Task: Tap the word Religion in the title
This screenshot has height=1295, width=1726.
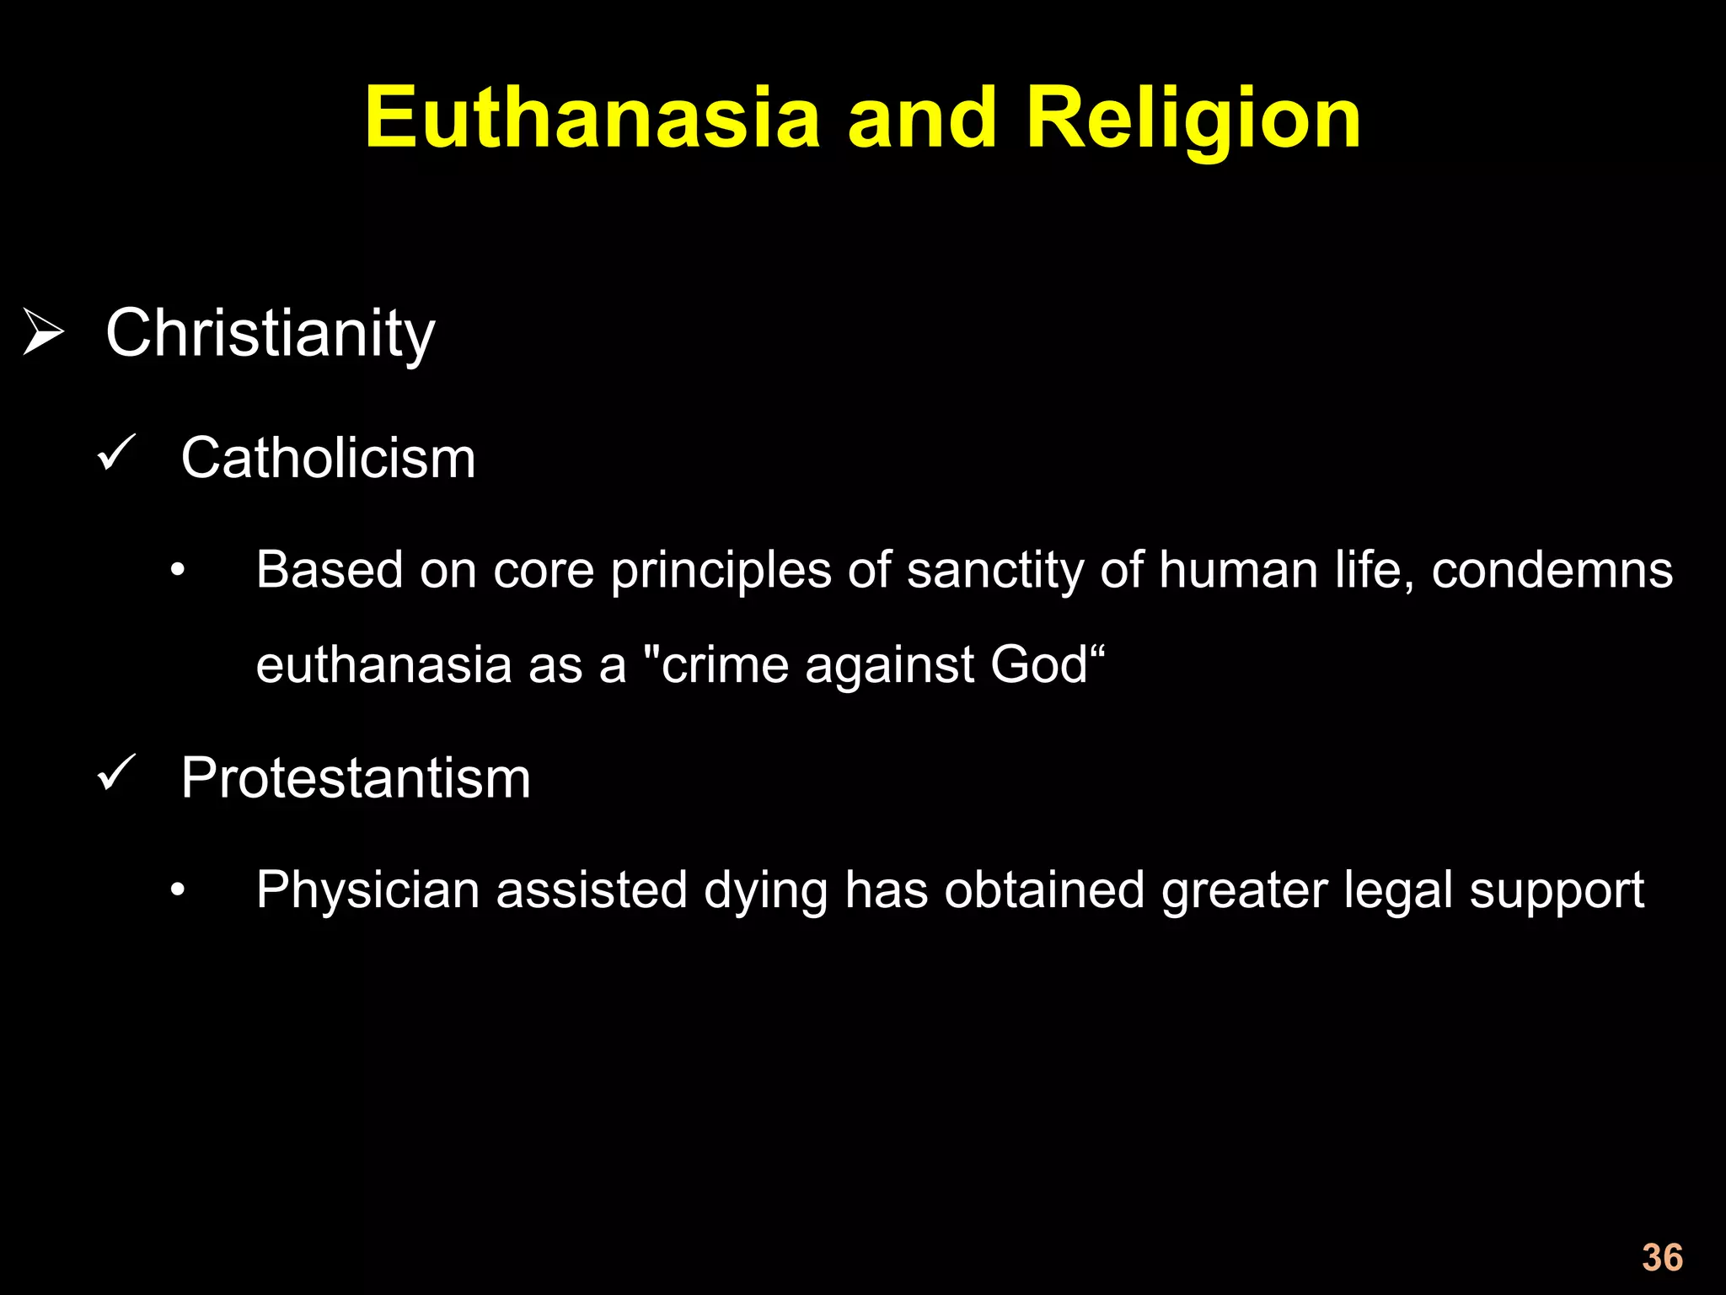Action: coord(1193,120)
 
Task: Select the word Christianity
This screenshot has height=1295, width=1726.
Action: coord(270,334)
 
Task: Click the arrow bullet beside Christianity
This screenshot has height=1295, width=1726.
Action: coord(43,332)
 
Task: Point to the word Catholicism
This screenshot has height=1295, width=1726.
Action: coord(328,459)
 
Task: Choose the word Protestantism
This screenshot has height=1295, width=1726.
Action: coord(356,777)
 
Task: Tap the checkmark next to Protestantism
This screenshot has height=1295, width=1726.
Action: coord(116,773)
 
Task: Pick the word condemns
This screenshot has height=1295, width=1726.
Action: coord(1552,570)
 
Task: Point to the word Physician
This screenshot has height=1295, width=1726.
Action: coord(368,890)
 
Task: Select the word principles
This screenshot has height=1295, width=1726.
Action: coord(721,571)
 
